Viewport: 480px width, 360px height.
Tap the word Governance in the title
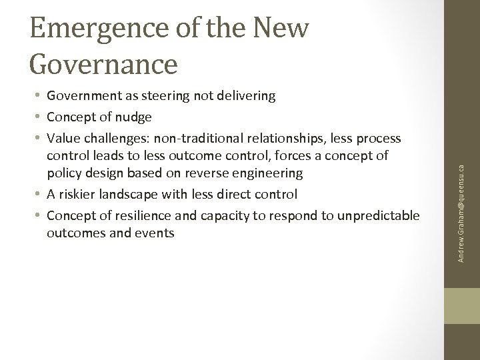tap(103, 64)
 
